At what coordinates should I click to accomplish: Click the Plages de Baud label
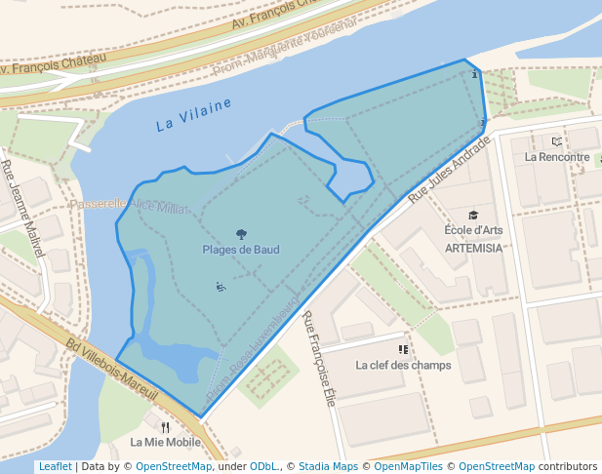(x=241, y=250)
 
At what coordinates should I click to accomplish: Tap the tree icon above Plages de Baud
(x=241, y=234)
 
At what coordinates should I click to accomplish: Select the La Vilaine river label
(x=193, y=114)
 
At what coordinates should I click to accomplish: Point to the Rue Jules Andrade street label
(x=449, y=169)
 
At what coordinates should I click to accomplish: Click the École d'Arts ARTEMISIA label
(x=473, y=239)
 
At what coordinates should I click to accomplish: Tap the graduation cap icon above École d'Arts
(x=473, y=216)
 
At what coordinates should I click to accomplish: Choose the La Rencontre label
(x=557, y=156)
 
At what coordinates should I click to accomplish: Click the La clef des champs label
(x=403, y=366)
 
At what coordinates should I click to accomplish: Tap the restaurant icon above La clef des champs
(x=403, y=348)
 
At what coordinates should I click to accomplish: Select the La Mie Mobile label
(x=165, y=442)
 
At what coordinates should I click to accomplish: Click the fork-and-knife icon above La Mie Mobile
(x=165, y=426)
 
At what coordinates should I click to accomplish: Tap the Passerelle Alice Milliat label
(x=129, y=205)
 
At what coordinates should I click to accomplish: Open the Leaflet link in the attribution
(x=55, y=467)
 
